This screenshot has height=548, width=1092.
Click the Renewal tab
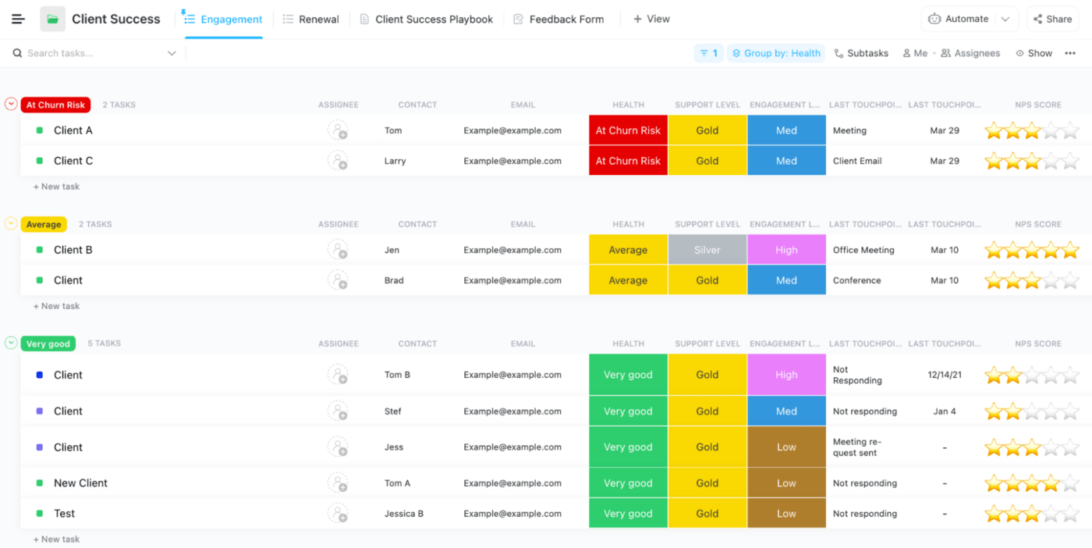click(311, 20)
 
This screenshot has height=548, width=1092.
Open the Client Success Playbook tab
click(427, 20)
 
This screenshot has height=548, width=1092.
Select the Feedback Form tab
click(558, 20)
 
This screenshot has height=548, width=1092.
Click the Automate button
click(966, 20)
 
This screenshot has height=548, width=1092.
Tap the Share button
click(1052, 20)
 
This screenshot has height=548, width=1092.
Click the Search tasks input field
click(94, 53)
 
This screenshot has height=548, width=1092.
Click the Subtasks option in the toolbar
click(861, 53)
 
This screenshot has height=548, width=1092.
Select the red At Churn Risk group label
click(55, 105)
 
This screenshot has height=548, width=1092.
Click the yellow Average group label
click(44, 224)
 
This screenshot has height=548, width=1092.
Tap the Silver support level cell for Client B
click(707, 250)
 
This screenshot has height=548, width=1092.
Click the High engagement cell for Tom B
click(786, 375)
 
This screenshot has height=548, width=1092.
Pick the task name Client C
click(73, 161)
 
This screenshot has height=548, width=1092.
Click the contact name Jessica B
click(403, 514)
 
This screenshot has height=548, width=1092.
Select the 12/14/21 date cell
click(945, 375)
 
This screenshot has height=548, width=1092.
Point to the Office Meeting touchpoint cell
click(863, 250)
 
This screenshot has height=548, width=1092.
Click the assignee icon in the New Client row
click(338, 483)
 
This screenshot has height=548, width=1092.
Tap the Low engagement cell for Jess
click(786, 447)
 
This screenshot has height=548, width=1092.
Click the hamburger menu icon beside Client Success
click(18, 20)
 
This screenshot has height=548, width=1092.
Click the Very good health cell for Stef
click(628, 411)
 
